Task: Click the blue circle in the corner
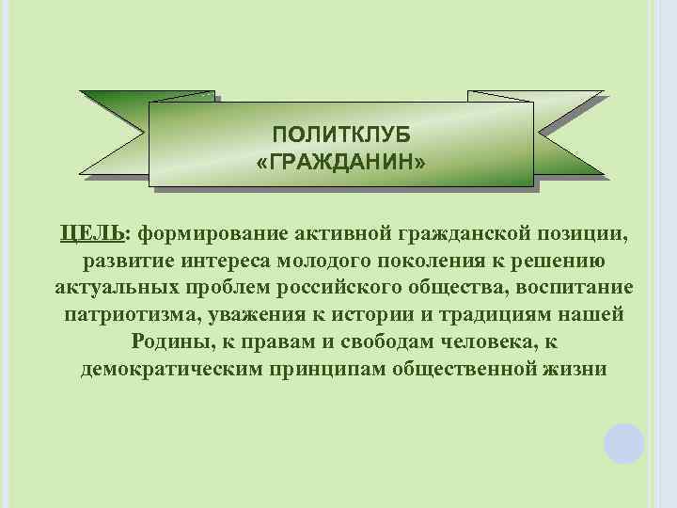(623, 442)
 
